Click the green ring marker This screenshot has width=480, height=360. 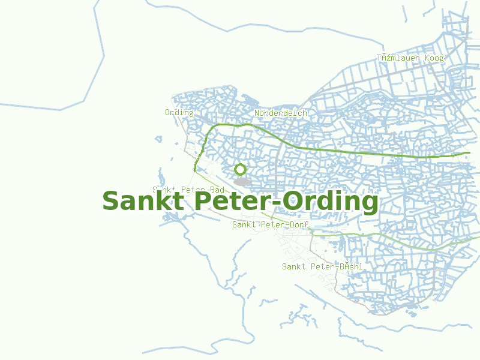click(241, 169)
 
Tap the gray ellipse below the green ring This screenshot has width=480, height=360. click(242, 181)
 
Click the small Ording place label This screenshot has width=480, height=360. click(179, 112)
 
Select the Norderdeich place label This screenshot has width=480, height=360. click(281, 113)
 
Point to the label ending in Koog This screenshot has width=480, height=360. click(410, 58)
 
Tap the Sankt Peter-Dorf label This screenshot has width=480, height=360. click(270, 224)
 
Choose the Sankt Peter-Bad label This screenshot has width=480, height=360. click(188, 190)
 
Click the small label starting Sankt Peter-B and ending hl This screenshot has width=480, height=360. click(322, 266)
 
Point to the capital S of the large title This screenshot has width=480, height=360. click(111, 202)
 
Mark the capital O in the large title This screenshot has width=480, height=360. click(293, 202)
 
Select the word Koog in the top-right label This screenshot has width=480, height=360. click(434, 58)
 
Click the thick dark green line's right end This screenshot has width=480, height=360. click(467, 154)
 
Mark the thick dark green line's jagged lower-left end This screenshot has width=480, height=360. click(195, 170)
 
